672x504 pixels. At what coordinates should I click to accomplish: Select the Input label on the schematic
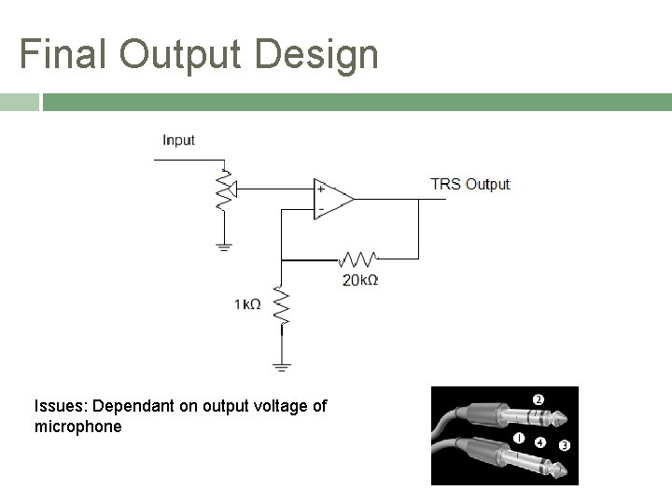(178, 140)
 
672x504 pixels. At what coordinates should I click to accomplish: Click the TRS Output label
(469, 184)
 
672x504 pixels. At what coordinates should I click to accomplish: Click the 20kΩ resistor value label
(360, 279)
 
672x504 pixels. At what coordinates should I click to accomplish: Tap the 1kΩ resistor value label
(247, 304)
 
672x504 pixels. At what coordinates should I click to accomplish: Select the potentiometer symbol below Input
(223, 189)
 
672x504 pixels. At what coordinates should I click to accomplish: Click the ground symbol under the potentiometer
(223, 246)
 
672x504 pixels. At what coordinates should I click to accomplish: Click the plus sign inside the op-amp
(321, 188)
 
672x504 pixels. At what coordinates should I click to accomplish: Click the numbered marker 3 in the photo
(564, 446)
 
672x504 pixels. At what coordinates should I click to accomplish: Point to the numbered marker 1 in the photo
(518, 437)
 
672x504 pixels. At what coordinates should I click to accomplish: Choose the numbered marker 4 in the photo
(540, 441)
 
